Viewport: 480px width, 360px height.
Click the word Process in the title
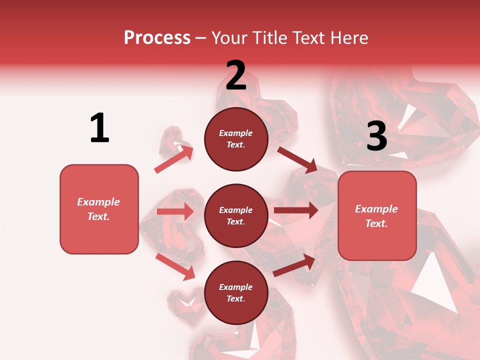click(157, 37)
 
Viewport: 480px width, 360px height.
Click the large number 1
click(99, 128)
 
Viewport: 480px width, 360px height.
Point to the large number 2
click(236, 75)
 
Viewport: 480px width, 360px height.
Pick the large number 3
click(376, 136)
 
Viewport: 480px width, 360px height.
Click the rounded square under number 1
click(99, 209)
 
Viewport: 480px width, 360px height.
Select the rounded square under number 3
click(377, 215)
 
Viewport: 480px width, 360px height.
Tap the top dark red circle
click(236, 139)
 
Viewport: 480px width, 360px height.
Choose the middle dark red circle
click(236, 215)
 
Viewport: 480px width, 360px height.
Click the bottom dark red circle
click(236, 292)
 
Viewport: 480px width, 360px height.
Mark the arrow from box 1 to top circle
click(173, 158)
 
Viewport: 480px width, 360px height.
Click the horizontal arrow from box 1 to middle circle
click(175, 211)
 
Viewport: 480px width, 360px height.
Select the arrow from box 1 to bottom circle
click(175, 266)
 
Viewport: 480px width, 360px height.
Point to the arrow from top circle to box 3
click(297, 159)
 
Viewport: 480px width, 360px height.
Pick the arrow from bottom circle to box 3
click(294, 265)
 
